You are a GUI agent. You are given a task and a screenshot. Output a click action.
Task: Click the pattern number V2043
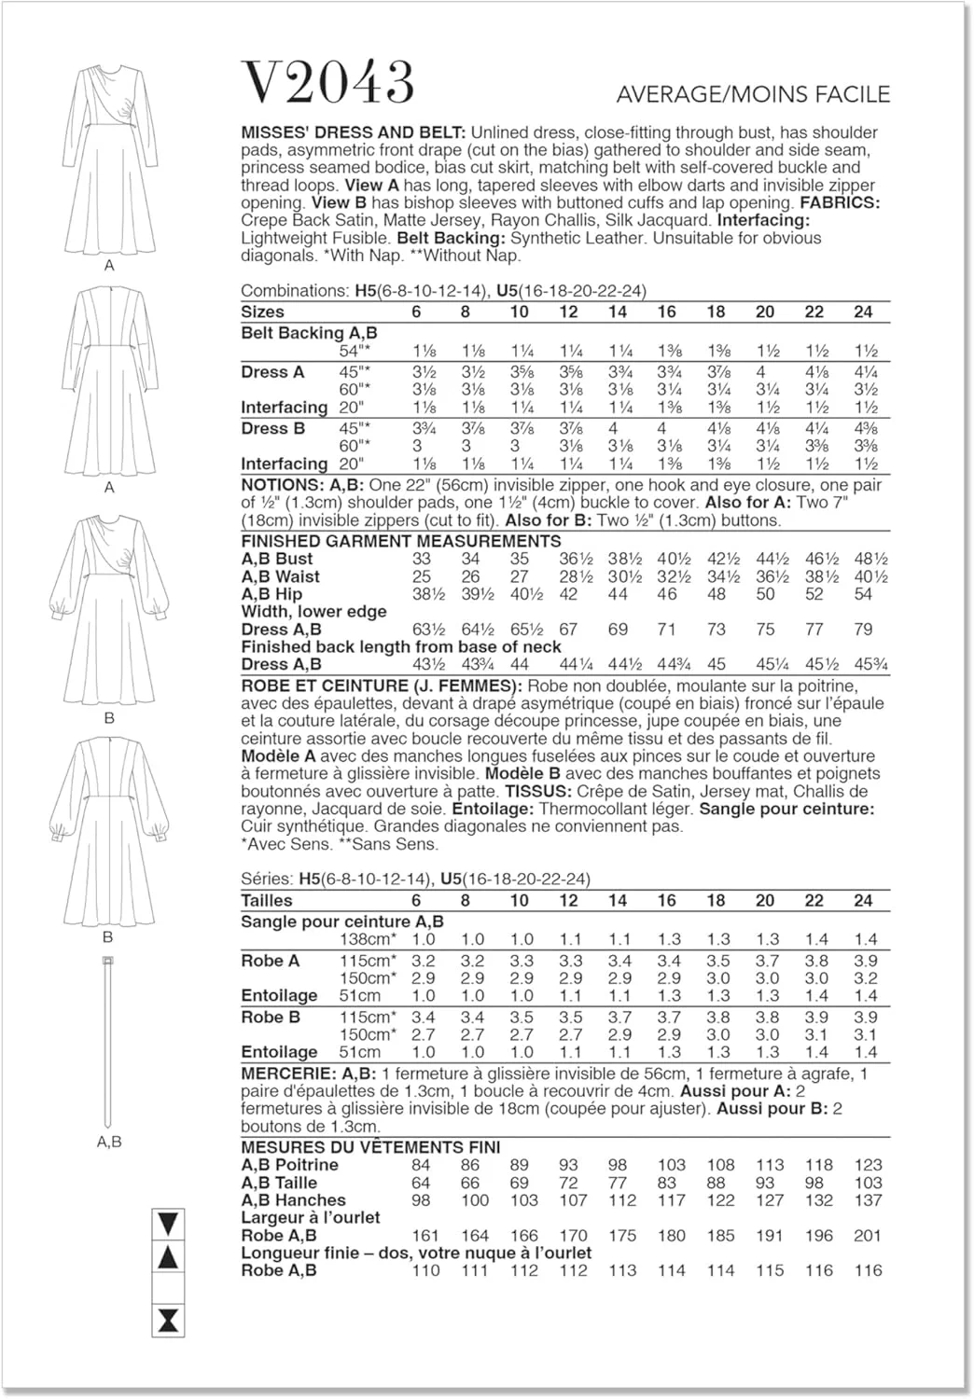(327, 83)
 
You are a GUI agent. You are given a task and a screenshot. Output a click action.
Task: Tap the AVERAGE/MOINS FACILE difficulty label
(753, 94)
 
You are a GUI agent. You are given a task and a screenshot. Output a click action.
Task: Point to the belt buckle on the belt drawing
(109, 961)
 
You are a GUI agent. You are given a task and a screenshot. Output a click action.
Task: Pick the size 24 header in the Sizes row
(863, 312)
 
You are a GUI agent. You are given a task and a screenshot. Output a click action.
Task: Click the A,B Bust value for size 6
(422, 559)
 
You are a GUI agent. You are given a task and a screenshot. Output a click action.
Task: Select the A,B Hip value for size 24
(863, 594)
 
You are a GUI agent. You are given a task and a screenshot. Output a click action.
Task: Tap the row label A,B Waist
(280, 576)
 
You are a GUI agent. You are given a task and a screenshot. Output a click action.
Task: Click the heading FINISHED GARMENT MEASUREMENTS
(401, 541)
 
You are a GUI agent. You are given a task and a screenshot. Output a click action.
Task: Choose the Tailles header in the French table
(267, 900)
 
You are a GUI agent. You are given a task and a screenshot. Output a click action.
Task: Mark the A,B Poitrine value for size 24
(867, 1165)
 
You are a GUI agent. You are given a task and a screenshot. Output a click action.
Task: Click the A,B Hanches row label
(293, 1200)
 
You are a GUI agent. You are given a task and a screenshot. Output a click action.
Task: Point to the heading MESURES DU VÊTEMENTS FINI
(370, 1147)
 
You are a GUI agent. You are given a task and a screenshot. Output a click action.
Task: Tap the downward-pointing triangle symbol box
(169, 1223)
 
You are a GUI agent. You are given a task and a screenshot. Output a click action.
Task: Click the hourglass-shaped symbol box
(169, 1320)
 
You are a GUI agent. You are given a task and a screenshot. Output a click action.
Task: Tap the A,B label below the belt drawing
(109, 1142)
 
